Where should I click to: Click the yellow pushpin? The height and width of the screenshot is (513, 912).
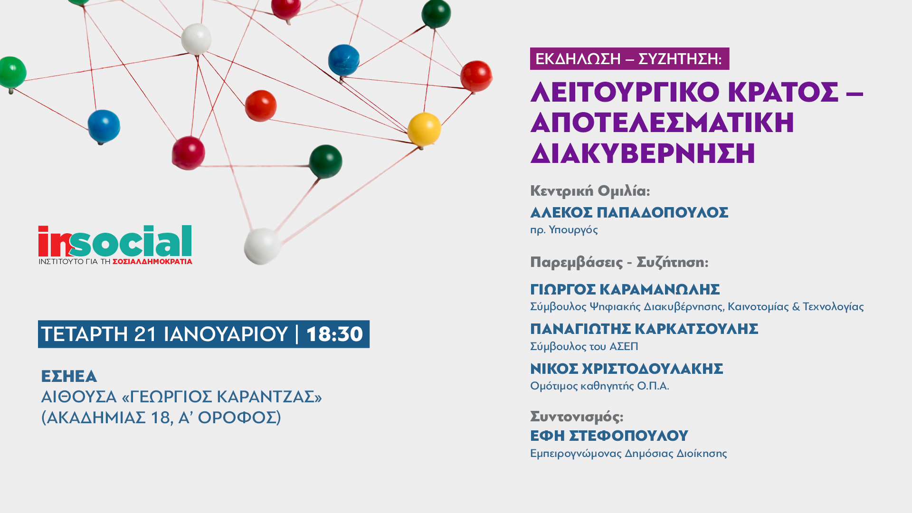tap(424, 129)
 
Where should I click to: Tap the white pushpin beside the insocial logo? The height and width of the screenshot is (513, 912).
tap(262, 246)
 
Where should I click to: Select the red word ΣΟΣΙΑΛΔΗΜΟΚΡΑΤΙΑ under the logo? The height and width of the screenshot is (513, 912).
tap(152, 262)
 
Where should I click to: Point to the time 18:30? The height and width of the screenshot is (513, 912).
tap(335, 334)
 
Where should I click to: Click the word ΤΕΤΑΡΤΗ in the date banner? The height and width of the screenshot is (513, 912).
tap(84, 334)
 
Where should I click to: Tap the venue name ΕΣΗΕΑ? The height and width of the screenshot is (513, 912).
tap(69, 376)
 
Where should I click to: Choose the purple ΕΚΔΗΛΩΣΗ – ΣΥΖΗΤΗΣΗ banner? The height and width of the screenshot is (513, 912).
tap(629, 59)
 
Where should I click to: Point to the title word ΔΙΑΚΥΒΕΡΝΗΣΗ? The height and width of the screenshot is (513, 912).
tap(643, 153)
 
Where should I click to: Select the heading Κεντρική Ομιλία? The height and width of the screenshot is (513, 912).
tap(590, 191)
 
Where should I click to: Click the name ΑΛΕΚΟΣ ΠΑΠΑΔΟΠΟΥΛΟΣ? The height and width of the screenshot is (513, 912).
tap(629, 212)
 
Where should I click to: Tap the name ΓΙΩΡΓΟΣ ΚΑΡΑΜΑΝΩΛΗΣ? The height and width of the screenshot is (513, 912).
tap(625, 289)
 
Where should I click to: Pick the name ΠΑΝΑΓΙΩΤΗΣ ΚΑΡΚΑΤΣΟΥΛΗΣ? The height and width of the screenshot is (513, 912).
tap(644, 329)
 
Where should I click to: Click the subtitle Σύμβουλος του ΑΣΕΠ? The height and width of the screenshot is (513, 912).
tap(584, 346)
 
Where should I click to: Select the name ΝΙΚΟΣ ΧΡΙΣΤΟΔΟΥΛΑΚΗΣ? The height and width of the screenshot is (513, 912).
tap(627, 369)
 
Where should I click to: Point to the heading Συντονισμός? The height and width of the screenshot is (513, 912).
tap(577, 417)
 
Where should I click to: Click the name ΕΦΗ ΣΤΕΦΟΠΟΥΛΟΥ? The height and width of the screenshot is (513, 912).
tap(609, 436)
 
